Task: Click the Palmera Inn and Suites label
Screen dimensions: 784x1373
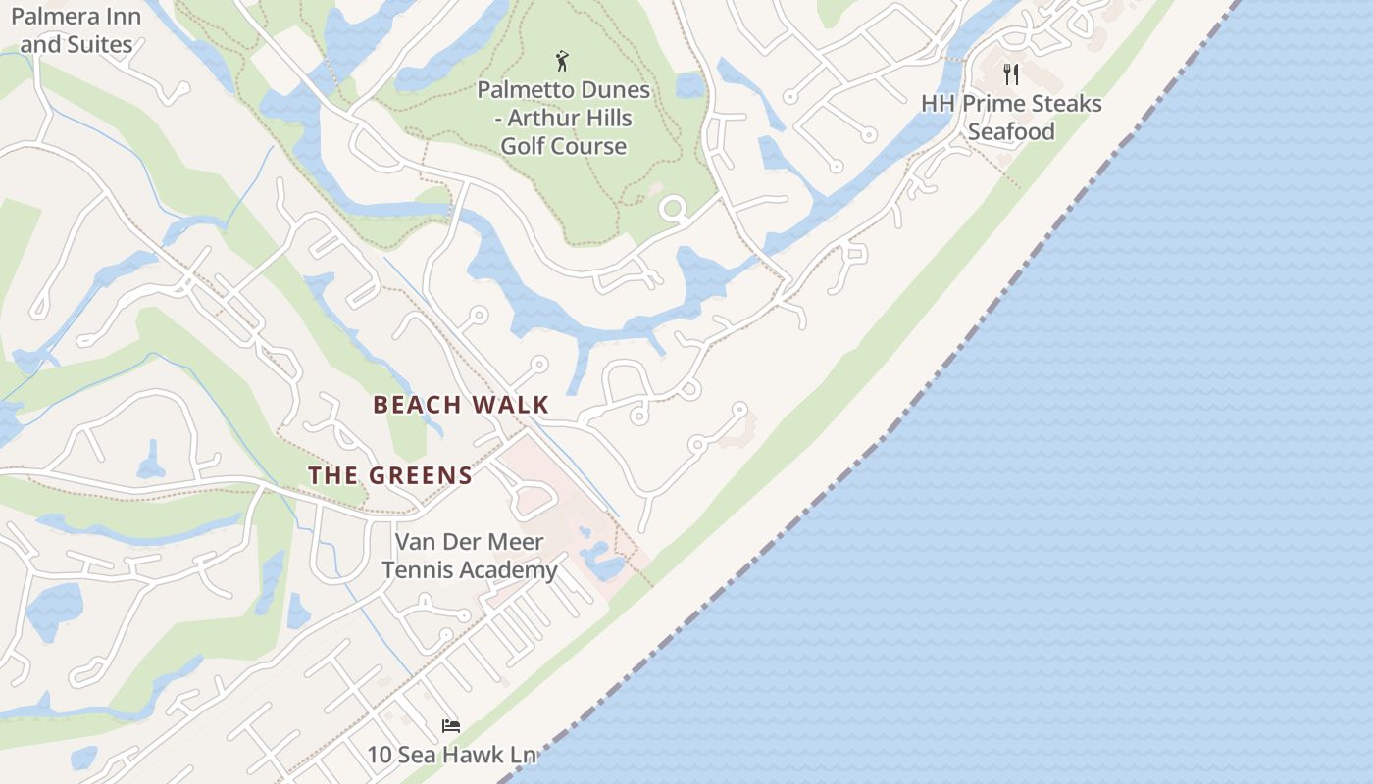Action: click(x=76, y=30)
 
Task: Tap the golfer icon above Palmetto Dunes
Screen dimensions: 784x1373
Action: click(x=562, y=61)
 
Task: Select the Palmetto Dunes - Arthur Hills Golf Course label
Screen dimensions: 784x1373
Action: click(x=563, y=118)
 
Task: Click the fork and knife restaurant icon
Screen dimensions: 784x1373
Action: click(x=1011, y=74)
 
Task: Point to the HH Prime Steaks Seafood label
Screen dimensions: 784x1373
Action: click(x=1011, y=118)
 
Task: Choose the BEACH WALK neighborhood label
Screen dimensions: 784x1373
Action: click(x=461, y=405)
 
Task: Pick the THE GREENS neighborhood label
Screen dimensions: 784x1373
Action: click(x=390, y=476)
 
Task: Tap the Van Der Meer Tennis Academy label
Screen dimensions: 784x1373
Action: click(x=469, y=556)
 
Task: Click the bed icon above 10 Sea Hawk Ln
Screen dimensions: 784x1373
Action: click(x=451, y=726)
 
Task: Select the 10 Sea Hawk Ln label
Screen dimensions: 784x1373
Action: click(x=452, y=755)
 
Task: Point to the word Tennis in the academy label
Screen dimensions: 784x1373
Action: click(x=415, y=569)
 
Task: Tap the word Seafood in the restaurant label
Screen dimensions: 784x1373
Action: click(x=1011, y=131)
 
